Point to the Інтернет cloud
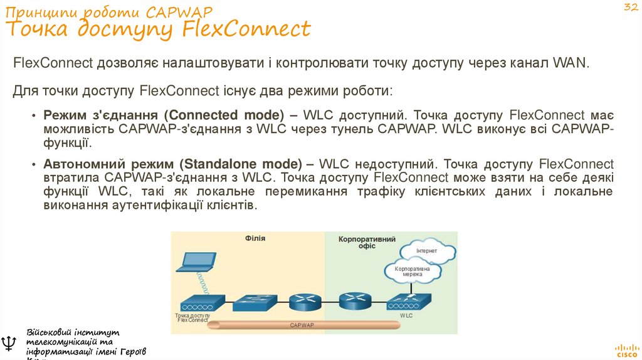coord(428,251)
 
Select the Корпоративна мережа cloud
coord(412,272)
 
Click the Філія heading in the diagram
coord(255,238)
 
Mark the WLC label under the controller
coord(407,315)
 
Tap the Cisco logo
coord(626,349)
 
